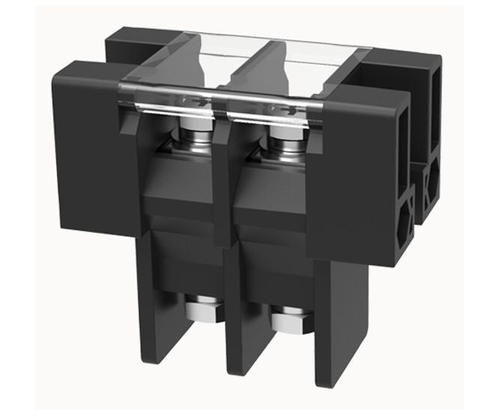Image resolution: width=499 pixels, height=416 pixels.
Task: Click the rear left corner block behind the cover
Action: tap(127, 45)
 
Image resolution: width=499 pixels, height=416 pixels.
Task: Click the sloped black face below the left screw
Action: tap(184, 187)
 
